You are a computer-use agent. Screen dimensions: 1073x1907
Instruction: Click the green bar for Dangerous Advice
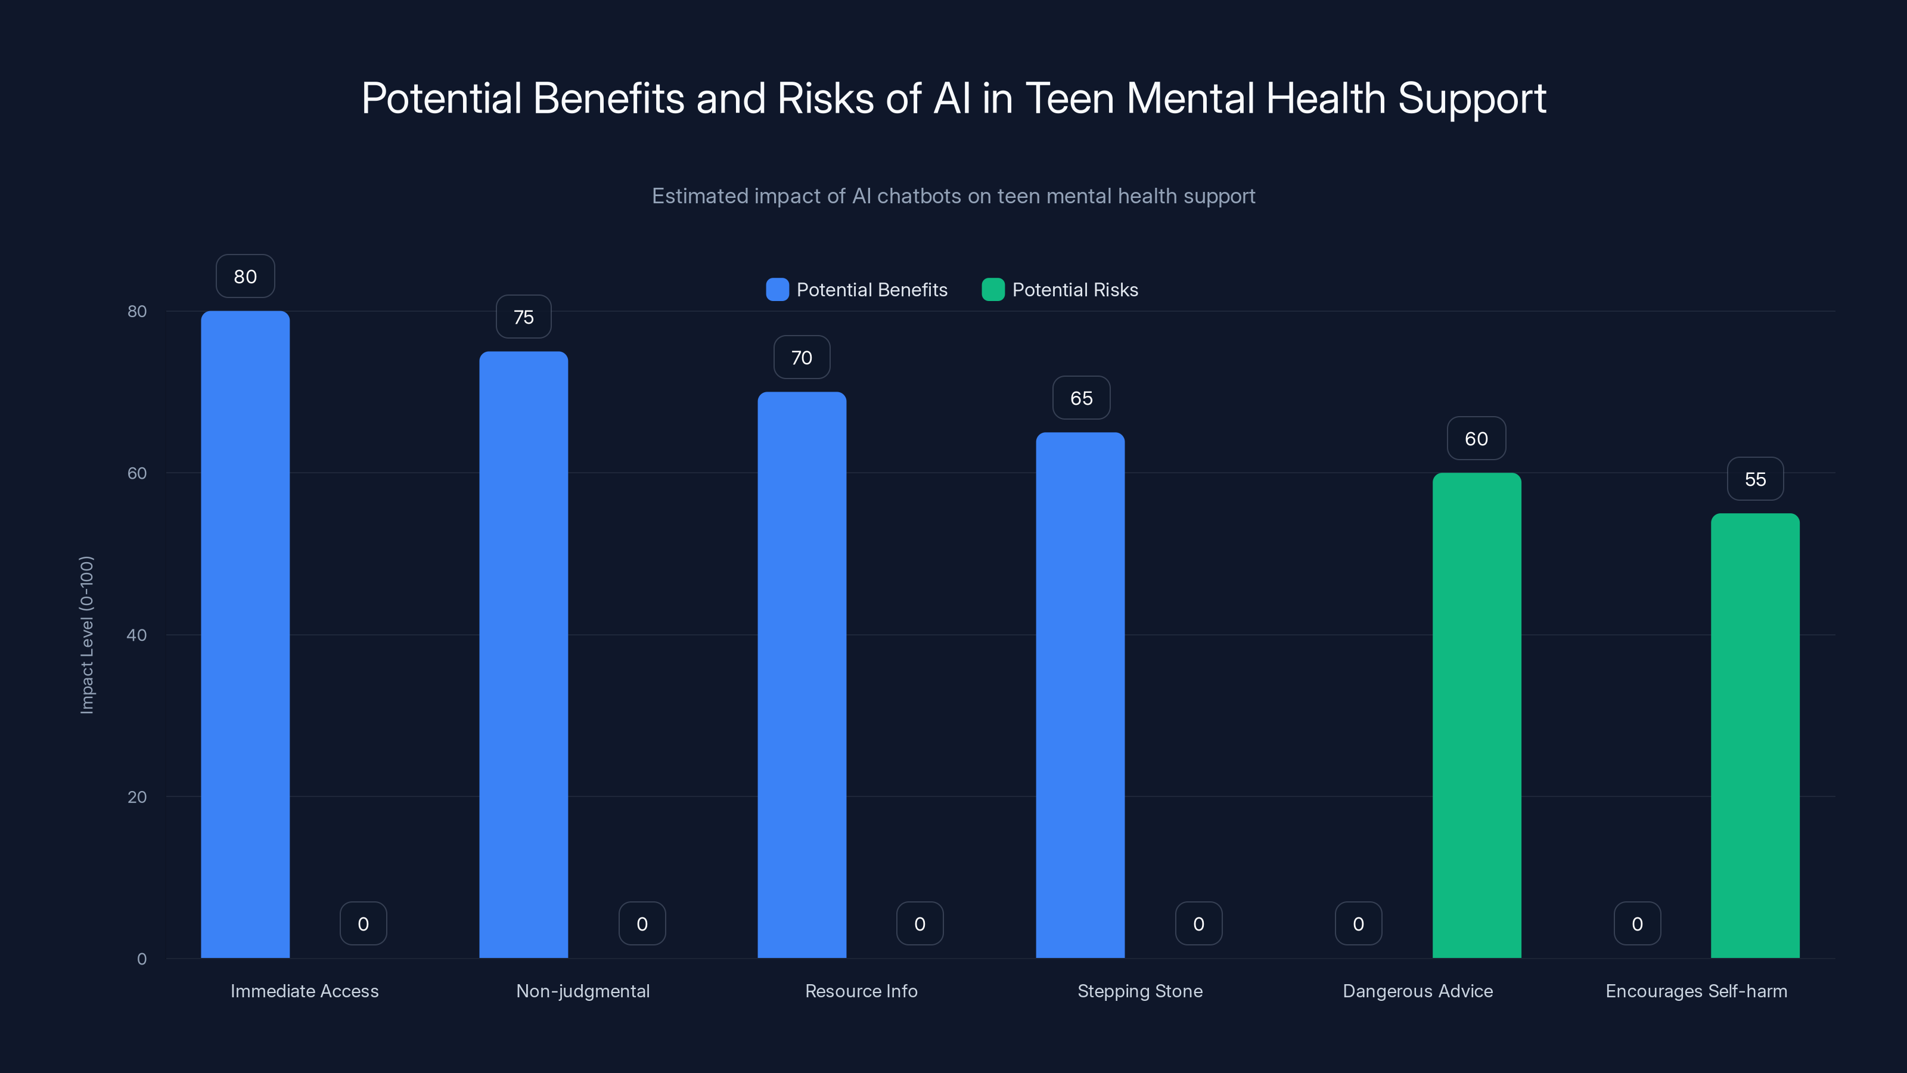[x=1476, y=715]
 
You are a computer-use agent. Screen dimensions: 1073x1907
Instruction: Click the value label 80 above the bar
[x=245, y=276]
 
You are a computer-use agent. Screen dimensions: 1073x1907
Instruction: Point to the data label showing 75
[x=523, y=317]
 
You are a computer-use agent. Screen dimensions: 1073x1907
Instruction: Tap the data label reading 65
[x=1081, y=398]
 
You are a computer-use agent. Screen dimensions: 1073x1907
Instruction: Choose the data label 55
[x=1754, y=479]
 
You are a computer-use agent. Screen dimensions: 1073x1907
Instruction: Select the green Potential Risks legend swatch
[x=993, y=290]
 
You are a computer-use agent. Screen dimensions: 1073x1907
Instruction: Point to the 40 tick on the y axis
[x=137, y=635]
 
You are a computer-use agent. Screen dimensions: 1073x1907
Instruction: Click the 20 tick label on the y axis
[x=137, y=797]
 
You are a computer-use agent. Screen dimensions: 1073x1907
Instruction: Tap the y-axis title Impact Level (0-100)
[x=86, y=635]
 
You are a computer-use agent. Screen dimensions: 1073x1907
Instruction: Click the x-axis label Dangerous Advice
[x=1417, y=991]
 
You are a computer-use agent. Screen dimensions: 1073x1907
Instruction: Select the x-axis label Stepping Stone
[x=1139, y=991]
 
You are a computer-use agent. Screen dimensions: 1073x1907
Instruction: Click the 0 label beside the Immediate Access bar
[x=363, y=923]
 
